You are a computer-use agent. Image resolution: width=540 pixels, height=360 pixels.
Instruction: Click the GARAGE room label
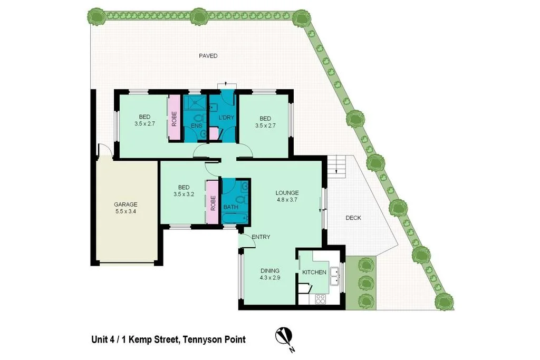pos(126,205)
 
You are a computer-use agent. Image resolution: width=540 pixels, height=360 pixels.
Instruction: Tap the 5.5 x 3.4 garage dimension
pos(126,212)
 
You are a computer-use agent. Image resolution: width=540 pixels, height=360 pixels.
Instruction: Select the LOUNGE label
pos(287,193)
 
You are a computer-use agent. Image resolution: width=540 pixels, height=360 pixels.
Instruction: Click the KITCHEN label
pos(314,273)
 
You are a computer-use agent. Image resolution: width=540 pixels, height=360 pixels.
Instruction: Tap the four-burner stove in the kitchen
pos(320,299)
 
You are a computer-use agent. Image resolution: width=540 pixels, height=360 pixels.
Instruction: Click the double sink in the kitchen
pos(334,276)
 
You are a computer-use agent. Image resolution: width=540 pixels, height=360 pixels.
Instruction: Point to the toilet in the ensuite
pos(199,119)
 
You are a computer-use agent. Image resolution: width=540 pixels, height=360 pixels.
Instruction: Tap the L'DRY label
pos(226,118)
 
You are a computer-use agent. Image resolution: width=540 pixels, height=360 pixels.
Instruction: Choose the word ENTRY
pos(261,237)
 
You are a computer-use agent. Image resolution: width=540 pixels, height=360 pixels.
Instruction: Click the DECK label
pos(353,218)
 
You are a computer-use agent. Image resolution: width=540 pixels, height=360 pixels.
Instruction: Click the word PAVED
pos(208,56)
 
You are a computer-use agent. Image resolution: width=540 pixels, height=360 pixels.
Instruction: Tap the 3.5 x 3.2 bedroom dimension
pos(184,194)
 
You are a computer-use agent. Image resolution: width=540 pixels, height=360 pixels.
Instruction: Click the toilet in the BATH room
pos(241,199)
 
